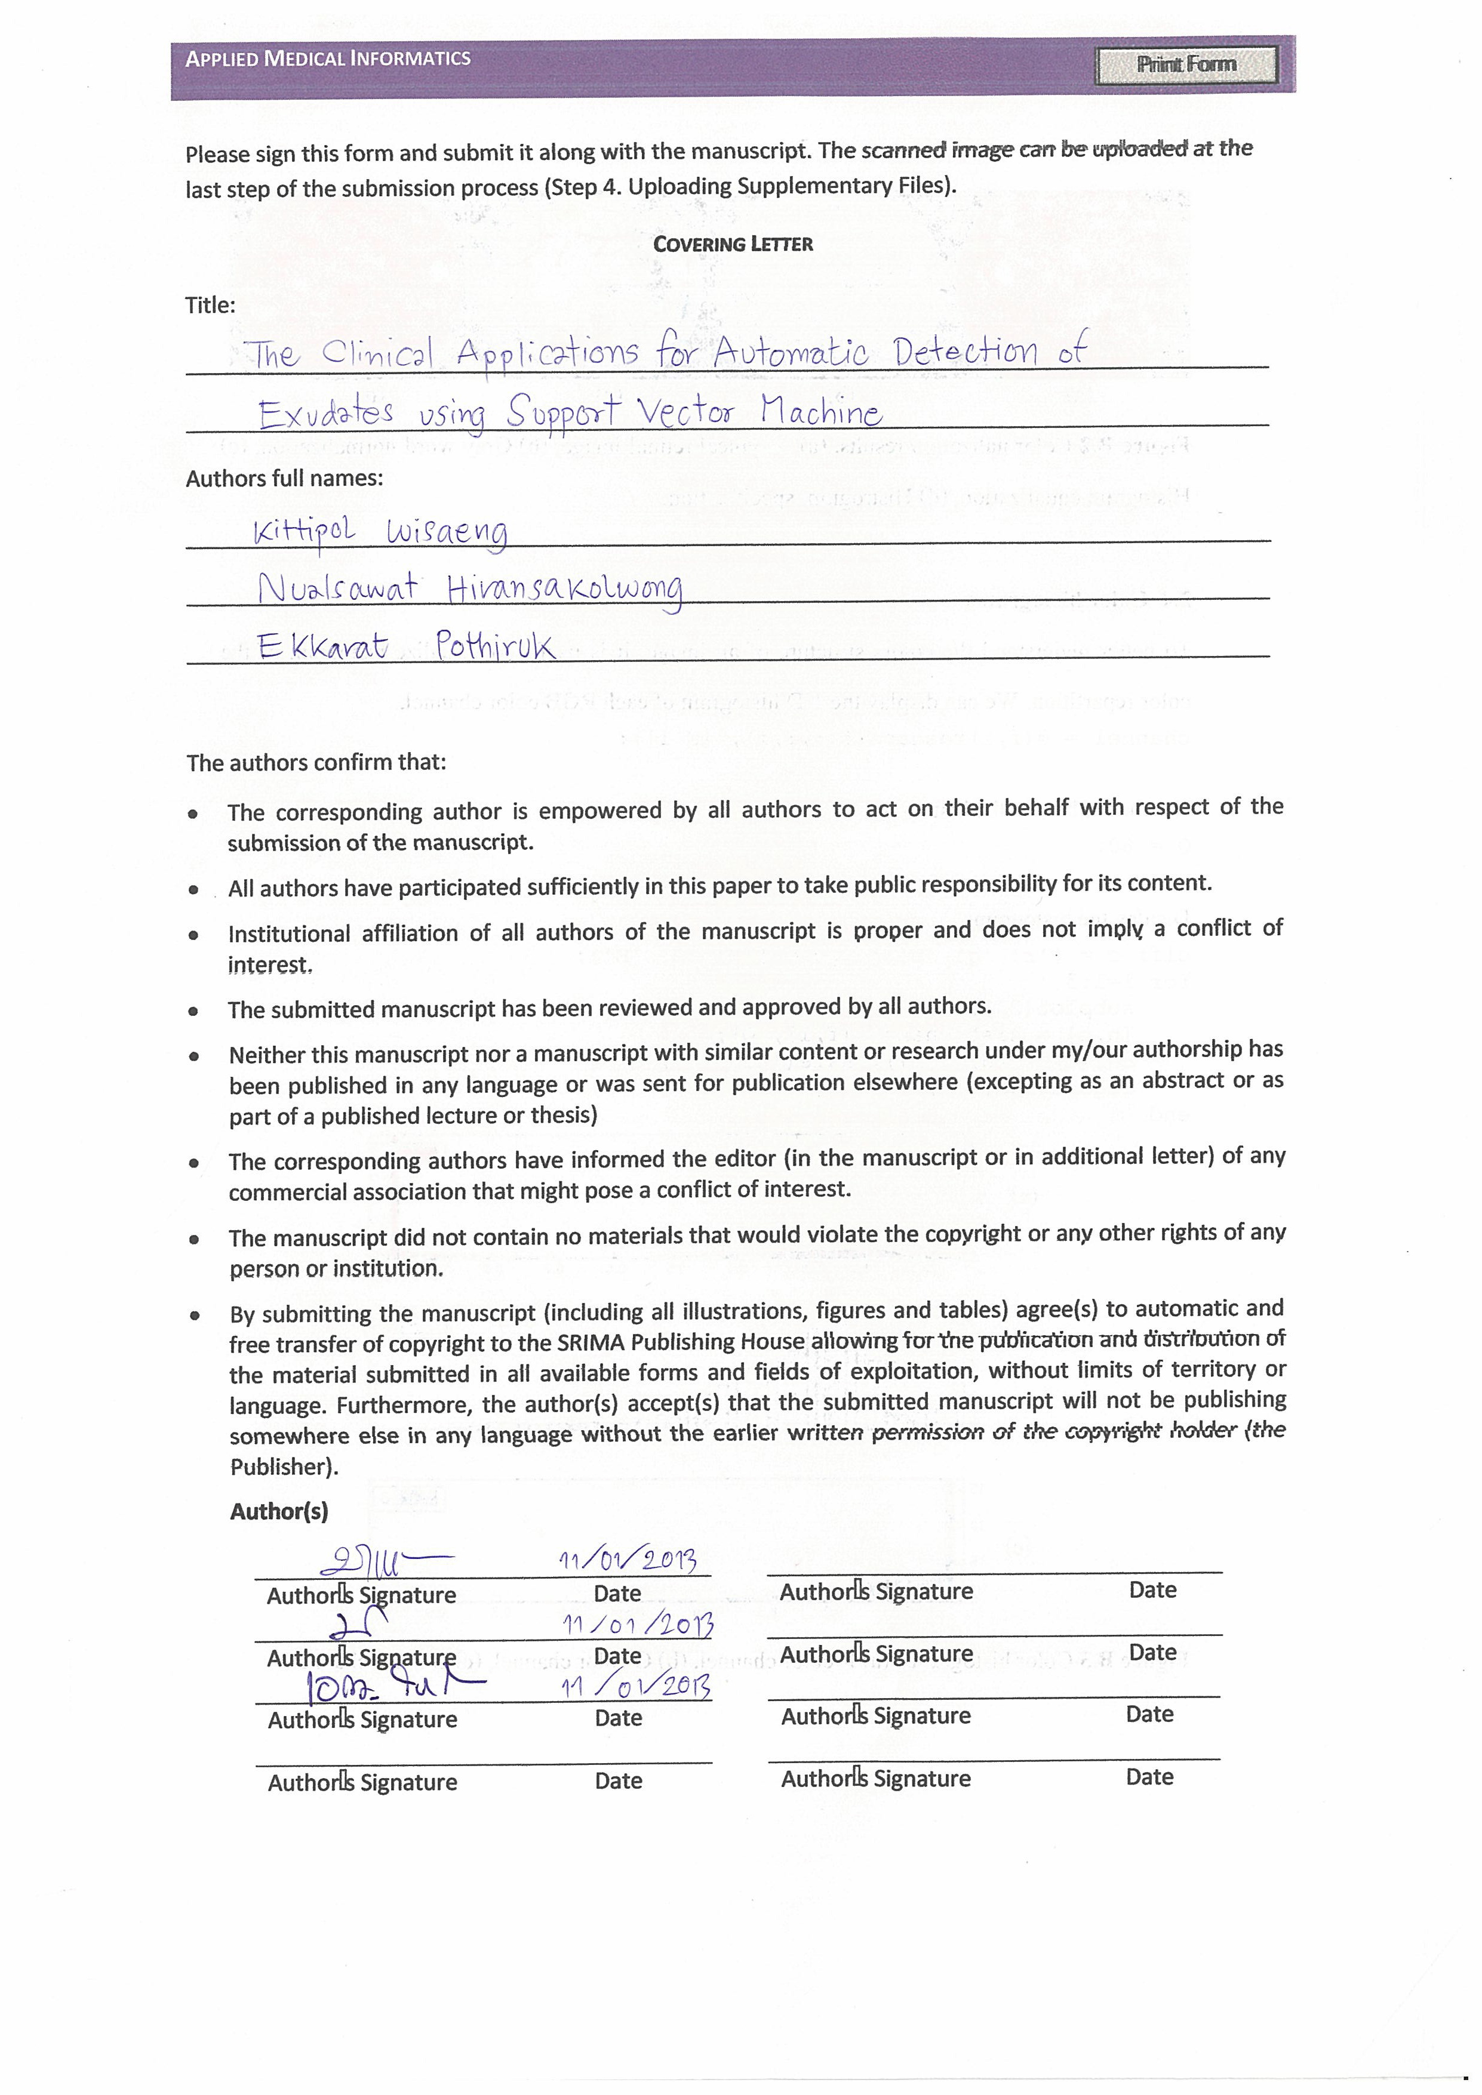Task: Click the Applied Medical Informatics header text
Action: [x=328, y=59]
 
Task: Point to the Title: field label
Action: [x=210, y=306]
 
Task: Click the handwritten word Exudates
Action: [x=326, y=414]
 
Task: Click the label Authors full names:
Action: [x=284, y=478]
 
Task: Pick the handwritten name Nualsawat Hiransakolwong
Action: [x=469, y=590]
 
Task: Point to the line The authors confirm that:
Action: [x=316, y=763]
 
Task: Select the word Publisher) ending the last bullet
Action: [x=284, y=1466]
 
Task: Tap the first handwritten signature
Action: [x=383, y=1563]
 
